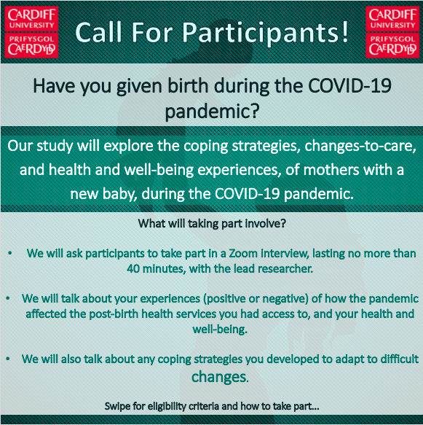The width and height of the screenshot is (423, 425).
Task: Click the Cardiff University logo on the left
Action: (x=32, y=31)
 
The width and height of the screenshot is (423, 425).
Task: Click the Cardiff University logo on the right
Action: (x=392, y=31)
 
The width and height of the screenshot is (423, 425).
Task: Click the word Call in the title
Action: (x=102, y=31)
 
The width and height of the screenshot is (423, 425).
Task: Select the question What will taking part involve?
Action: (x=212, y=223)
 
